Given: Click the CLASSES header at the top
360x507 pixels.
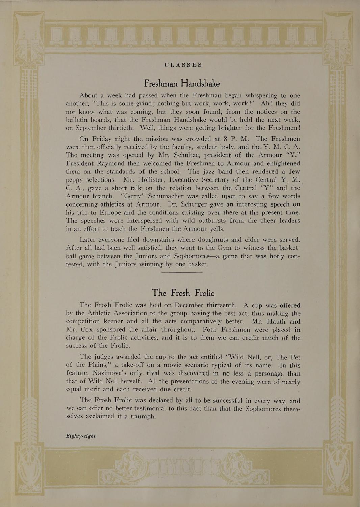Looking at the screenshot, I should point(183,65).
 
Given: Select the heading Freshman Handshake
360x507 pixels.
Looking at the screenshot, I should point(182,83).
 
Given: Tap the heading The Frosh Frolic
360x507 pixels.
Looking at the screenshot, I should point(183,292).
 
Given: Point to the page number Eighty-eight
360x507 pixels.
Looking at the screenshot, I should point(81,436).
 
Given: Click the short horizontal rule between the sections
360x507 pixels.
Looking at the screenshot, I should point(182,272).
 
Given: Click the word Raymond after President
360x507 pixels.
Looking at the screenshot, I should point(111,163).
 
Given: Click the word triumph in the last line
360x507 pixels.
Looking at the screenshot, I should point(143,416).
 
